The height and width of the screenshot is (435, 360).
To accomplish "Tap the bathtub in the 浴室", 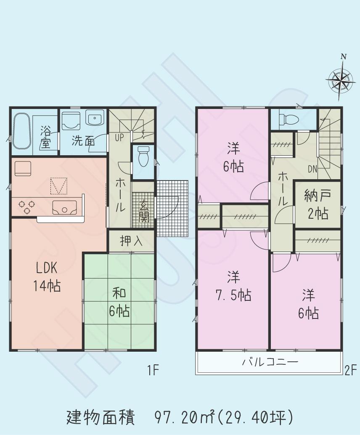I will point(22,131).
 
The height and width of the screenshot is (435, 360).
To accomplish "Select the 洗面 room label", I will point(83,141).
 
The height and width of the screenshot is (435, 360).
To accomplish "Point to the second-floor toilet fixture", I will point(290,119).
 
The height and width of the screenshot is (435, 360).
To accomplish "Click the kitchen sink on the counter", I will point(64,207).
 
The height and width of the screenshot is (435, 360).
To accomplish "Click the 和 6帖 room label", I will point(119,302).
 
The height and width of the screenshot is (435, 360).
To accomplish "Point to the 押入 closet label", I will point(131,241).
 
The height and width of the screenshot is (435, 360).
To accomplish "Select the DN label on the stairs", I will point(312,169).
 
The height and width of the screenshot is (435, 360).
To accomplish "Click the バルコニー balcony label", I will point(270,362).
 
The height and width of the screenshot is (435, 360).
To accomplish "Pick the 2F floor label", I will point(350,371).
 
